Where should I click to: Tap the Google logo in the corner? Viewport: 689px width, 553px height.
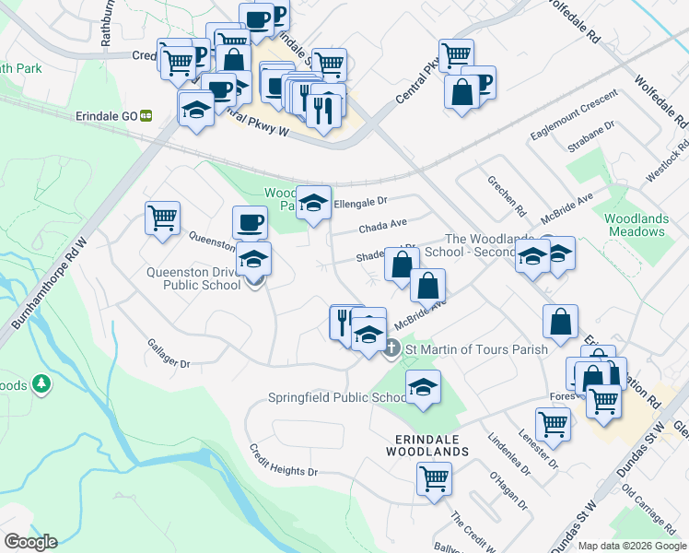tap(29, 542)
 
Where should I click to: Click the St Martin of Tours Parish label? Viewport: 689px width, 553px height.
tap(475, 349)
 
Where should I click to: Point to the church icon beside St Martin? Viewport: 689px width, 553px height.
tap(391, 348)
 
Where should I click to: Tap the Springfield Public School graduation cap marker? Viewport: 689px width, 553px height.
tap(423, 387)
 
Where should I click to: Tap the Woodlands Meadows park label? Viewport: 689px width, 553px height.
tap(636, 225)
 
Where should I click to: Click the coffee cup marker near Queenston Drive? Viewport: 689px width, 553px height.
tap(250, 222)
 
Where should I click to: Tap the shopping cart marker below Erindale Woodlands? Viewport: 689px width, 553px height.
tap(434, 478)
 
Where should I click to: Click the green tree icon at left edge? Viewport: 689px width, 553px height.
tap(40, 382)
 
